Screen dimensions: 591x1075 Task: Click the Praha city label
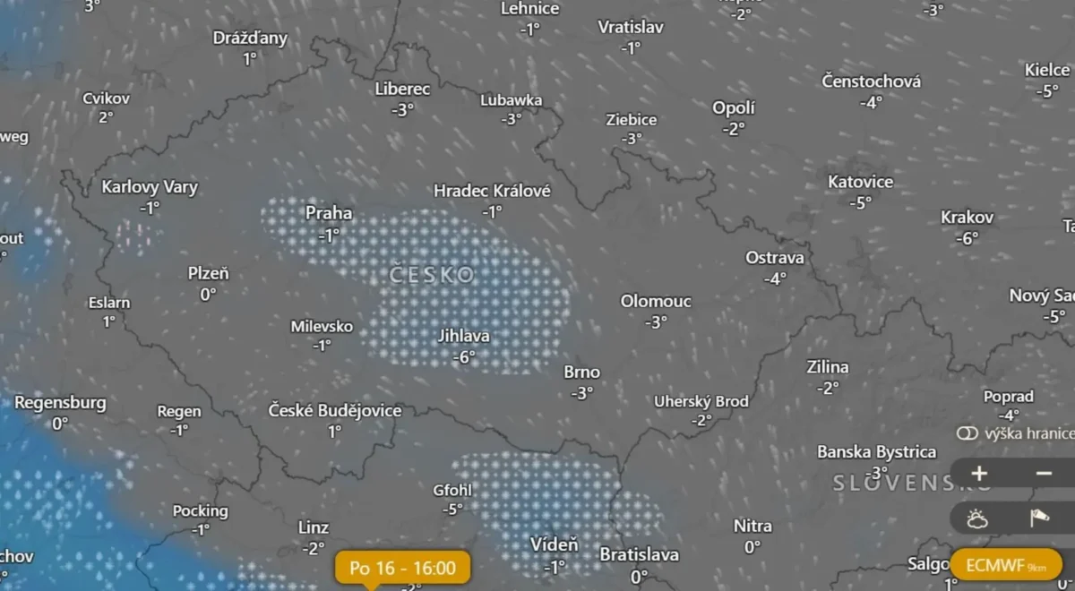329,213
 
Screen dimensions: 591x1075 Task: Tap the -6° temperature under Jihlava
463,356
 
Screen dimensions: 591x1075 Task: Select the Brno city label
582,373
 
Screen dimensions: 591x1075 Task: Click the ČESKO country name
433,275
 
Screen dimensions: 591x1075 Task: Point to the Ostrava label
775,258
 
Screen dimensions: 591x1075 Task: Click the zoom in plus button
979,473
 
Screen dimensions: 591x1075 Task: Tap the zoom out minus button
1044,473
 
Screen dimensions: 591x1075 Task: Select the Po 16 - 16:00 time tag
402,568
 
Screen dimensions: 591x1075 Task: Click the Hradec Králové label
492,191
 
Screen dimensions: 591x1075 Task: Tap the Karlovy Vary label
150,187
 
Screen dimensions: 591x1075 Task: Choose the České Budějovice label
335,411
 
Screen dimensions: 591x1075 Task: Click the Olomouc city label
656,302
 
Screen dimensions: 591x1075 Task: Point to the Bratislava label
639,555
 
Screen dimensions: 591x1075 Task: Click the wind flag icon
1040,518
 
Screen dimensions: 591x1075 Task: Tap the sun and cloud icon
977,518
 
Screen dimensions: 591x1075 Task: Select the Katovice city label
860,182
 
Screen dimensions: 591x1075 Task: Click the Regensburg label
60,403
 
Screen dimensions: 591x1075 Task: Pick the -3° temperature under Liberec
402,109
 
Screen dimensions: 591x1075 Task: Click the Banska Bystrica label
876,452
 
